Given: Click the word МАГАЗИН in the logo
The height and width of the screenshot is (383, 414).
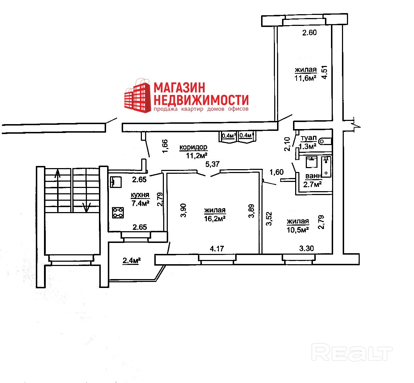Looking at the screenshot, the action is (x=180, y=88).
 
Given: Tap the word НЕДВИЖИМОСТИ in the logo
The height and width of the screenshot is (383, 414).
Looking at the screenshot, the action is (x=201, y=99).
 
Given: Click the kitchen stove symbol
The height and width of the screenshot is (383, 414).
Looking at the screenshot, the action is (x=118, y=212).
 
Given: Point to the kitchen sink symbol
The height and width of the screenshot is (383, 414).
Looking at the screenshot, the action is (x=115, y=182).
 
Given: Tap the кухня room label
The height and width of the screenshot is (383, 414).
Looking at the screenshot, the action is (x=140, y=195).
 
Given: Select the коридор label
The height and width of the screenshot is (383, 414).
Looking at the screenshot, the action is (x=193, y=147).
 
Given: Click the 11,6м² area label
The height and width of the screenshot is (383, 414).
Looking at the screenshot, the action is (x=305, y=78).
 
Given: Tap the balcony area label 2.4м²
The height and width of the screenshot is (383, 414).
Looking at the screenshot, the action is (x=132, y=261).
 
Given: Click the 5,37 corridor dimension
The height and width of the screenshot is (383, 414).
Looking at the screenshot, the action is (x=213, y=164).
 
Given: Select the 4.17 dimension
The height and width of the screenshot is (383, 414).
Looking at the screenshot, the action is (x=217, y=249).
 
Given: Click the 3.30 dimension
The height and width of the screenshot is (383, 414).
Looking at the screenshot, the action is (x=307, y=249).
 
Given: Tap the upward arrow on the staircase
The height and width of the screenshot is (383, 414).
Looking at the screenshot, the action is (x=57, y=174).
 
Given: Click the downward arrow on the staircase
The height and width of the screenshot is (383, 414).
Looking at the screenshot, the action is (x=86, y=207).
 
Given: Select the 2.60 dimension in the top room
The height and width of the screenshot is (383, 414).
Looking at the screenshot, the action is (x=309, y=33).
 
